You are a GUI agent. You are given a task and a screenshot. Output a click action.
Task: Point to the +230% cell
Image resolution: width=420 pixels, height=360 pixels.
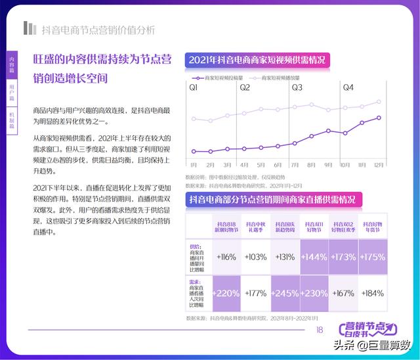click(x=316, y=294)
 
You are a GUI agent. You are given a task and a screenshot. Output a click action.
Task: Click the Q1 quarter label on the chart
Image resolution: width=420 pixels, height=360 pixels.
click(x=194, y=87)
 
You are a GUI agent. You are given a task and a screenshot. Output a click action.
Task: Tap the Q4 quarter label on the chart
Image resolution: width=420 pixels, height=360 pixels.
click(x=348, y=87)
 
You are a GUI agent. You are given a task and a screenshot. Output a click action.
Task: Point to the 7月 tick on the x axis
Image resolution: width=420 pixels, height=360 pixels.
click(x=295, y=165)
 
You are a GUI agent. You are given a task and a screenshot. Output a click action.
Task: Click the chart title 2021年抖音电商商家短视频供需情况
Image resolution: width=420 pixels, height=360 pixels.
click(x=257, y=60)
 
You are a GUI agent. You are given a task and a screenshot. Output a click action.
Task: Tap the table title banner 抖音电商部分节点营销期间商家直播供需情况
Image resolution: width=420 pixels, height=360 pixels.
click(x=272, y=199)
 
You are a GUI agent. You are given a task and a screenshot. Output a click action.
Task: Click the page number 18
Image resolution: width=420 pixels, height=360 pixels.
click(x=320, y=330)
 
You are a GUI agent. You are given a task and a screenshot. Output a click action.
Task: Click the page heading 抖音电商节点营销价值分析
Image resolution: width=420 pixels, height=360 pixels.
click(x=98, y=30)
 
